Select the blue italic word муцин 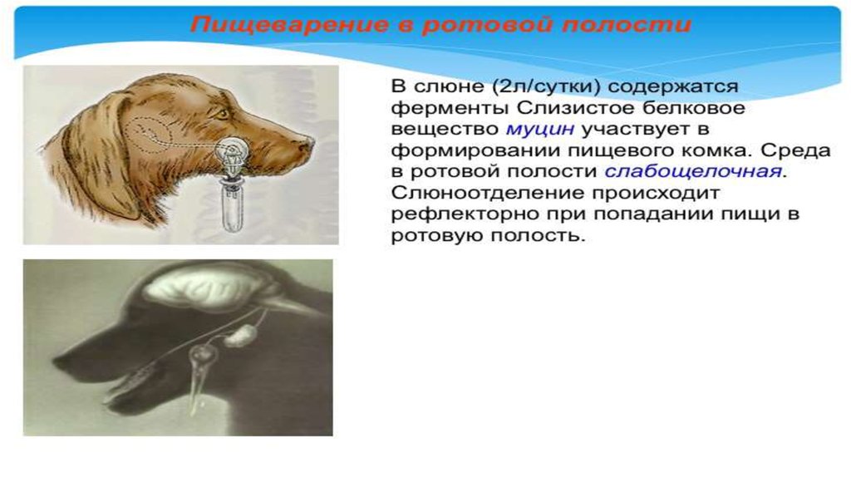(x=540, y=129)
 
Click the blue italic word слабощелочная (x=693, y=171)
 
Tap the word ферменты (x=450, y=108)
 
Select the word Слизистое (x=575, y=108)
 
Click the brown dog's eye (x=221, y=115)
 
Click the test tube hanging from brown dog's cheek (x=233, y=209)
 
